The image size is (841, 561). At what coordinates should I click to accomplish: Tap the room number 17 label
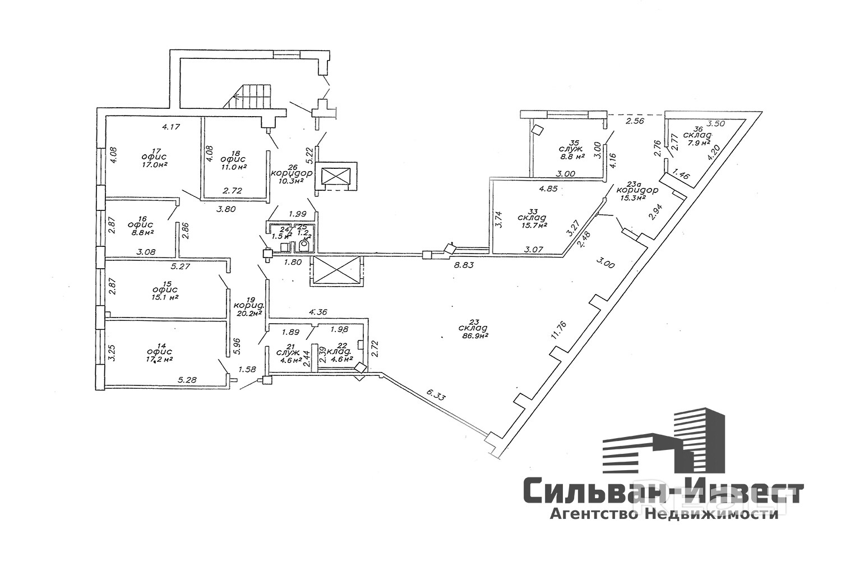149,149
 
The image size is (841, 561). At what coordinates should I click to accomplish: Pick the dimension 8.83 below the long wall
464,266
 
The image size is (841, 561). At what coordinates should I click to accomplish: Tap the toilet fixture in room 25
306,245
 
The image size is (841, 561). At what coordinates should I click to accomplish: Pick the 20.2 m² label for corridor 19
249,314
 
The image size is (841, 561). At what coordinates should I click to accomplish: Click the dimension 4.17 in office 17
170,127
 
